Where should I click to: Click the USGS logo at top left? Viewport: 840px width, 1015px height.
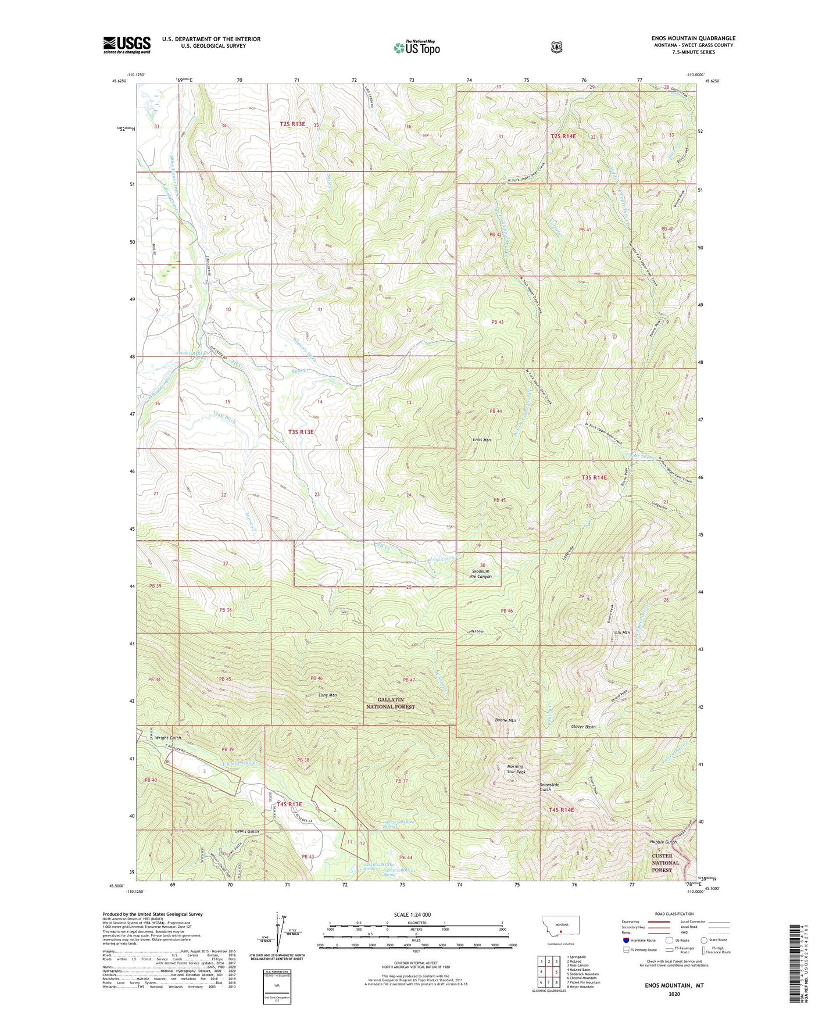click(127, 45)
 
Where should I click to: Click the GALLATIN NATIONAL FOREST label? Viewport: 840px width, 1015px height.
click(391, 703)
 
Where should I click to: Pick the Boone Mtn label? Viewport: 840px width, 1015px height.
click(505, 720)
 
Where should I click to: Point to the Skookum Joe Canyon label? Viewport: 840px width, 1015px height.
click(481, 573)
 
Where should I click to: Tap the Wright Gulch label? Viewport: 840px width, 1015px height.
click(168, 738)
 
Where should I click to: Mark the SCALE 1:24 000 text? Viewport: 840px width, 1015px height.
click(412, 914)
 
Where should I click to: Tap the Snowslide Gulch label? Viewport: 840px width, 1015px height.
click(549, 787)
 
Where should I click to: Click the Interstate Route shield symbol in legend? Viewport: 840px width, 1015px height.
click(625, 940)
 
